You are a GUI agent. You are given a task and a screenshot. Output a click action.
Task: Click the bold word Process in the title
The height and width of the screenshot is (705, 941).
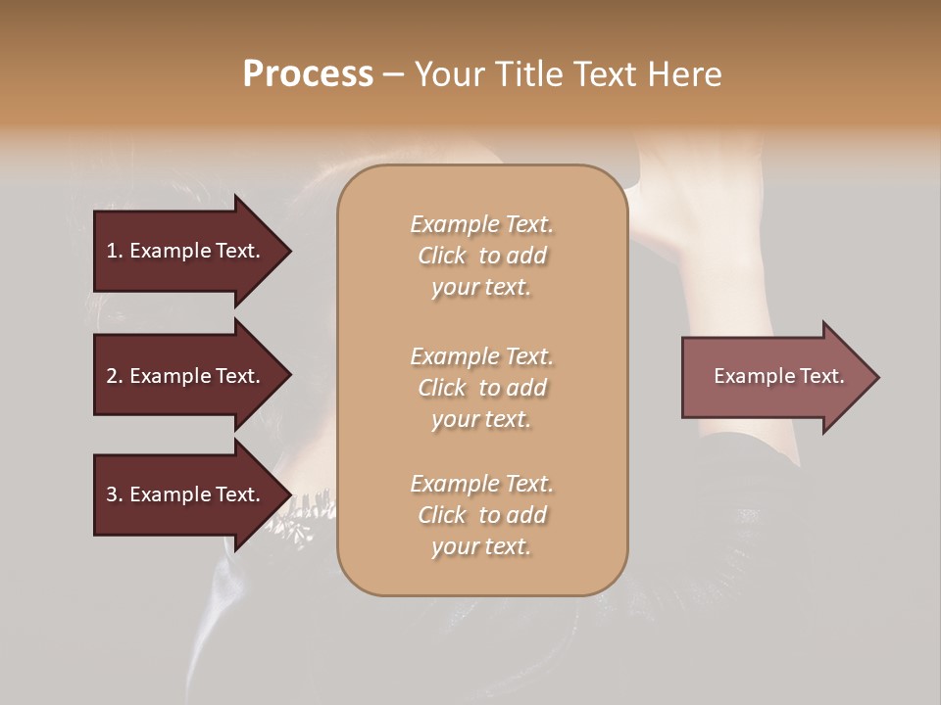tap(308, 74)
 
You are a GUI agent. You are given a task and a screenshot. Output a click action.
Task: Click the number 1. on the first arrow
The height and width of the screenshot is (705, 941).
tap(115, 251)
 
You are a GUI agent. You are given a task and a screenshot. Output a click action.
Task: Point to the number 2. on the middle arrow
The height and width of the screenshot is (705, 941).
tap(115, 376)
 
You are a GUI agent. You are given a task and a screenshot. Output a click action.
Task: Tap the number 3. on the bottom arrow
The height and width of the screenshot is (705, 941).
tap(115, 494)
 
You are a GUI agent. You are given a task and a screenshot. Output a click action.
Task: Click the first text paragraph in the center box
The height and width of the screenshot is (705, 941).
tap(481, 256)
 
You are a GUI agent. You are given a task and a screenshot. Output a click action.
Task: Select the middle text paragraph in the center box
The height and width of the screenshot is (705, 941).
tap(481, 387)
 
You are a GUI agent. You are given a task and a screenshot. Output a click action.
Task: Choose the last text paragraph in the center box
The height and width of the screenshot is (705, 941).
tap(481, 515)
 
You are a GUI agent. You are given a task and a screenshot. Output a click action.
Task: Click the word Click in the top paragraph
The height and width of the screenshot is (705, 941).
tap(442, 256)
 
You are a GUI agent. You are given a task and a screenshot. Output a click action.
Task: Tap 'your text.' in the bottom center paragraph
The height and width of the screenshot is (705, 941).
tap(481, 546)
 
